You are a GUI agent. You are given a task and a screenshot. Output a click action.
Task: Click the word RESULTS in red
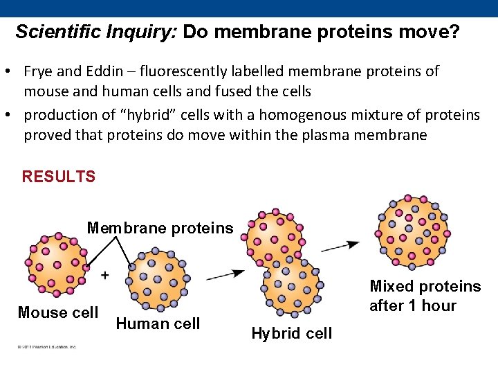(59, 177)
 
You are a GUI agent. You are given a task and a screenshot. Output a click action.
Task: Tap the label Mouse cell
(57, 312)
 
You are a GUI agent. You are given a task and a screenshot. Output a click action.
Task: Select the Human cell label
(158, 323)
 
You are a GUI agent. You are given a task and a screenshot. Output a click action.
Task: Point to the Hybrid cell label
(291, 334)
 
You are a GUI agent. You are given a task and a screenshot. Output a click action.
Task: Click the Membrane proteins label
(160, 229)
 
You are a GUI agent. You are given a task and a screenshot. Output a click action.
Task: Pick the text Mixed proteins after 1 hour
(425, 296)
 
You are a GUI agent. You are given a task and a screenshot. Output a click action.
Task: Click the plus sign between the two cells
(105, 275)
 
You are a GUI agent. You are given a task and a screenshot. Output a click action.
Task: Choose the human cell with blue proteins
(158, 280)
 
